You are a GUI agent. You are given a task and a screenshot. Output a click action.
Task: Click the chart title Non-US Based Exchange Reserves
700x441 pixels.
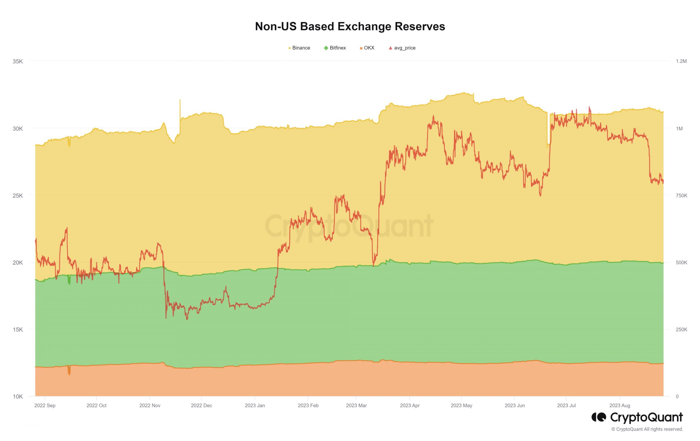pos(350,27)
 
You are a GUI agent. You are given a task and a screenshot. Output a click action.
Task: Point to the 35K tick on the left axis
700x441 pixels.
pos(17,61)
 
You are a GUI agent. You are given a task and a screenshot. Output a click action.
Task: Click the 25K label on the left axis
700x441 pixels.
pos(17,195)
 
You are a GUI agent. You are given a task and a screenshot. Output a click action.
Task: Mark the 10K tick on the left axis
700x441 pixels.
pos(17,396)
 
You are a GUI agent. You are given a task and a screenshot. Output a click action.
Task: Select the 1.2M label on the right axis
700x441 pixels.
pos(681,61)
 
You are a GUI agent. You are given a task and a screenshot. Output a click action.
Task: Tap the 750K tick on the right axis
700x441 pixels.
pos(681,195)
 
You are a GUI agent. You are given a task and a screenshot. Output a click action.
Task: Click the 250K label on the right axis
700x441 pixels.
pos(681,330)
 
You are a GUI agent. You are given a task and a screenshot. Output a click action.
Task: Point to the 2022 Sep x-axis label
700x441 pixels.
pos(45,405)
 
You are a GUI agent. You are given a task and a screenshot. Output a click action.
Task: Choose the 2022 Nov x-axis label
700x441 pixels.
pos(150,405)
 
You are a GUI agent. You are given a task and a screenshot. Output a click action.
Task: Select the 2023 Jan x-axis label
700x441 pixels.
pos(255,405)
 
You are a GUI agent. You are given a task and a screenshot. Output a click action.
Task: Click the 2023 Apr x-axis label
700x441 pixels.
pos(410,405)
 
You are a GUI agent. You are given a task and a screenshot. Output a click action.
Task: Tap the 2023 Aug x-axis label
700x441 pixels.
pos(620,405)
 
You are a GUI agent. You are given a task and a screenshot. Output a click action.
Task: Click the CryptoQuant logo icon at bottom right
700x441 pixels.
pos(599,417)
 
